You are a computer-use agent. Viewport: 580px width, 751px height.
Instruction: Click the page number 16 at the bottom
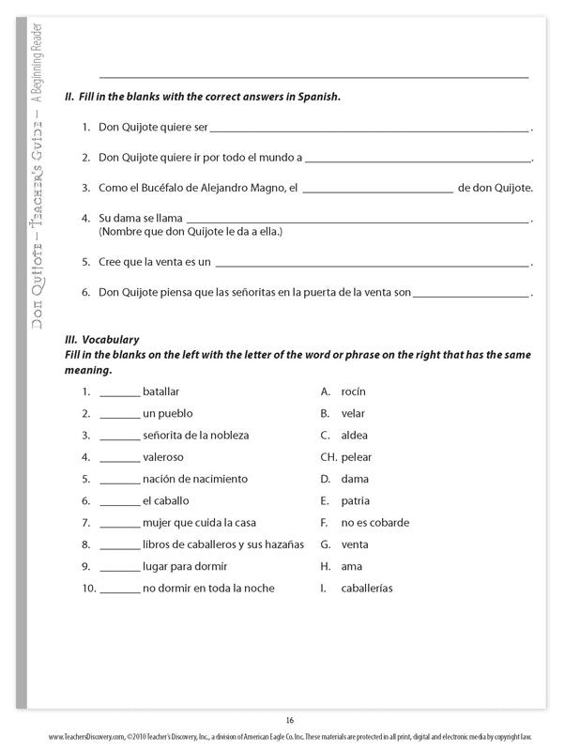point(290,720)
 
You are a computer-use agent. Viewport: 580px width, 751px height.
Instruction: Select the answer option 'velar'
point(353,413)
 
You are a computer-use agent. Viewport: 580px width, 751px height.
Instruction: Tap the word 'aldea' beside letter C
point(355,436)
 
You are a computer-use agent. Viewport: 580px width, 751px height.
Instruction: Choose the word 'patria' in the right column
point(356,501)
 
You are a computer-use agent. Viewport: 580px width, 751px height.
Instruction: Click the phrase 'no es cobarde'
point(374,523)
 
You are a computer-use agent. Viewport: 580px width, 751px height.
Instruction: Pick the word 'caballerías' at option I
point(367,589)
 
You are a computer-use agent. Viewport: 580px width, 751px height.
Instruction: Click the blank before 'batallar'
point(119,392)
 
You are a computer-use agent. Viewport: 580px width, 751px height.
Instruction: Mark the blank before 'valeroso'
point(119,458)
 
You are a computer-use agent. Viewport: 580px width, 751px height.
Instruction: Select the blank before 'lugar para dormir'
point(119,568)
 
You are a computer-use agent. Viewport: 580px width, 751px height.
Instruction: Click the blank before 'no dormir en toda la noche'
point(119,590)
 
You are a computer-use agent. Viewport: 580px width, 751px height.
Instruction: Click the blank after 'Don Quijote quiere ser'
point(370,129)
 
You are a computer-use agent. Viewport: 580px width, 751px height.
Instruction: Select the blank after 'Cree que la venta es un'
point(372,264)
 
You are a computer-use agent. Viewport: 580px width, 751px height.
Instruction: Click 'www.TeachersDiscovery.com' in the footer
point(85,737)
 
